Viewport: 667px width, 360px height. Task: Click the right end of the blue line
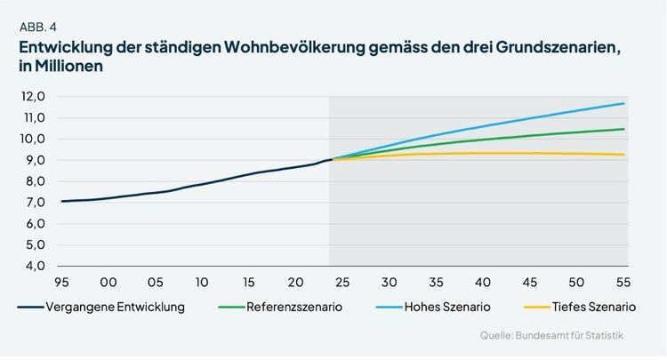(x=623, y=103)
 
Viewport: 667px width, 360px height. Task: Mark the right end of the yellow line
(x=623, y=155)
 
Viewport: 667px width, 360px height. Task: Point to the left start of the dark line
(x=62, y=202)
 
